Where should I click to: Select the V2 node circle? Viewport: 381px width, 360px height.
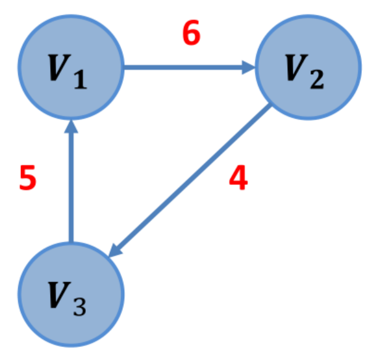click(x=308, y=67)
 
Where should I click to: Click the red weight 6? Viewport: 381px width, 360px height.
click(x=191, y=35)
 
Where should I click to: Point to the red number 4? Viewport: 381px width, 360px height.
click(x=238, y=179)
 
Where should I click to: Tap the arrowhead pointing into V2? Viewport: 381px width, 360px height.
click(x=250, y=67)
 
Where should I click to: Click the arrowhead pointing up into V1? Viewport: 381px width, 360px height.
click(x=71, y=127)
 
